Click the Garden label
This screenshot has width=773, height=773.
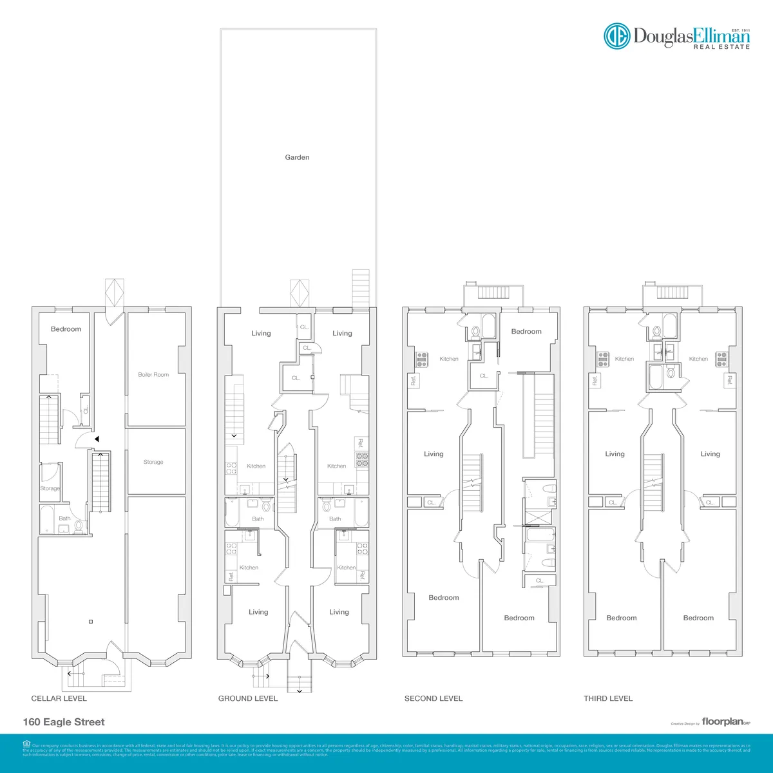click(297, 157)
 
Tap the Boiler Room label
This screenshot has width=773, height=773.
click(153, 374)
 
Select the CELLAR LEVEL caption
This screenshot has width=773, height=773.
click(59, 698)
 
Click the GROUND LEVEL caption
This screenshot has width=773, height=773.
click(248, 698)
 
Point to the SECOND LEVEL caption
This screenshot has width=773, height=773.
click(434, 698)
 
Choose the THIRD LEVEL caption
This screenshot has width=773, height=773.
click(608, 698)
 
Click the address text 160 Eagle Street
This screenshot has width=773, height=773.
click(64, 722)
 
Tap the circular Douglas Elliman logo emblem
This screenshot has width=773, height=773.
click(616, 36)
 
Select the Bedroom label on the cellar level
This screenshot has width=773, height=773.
click(66, 329)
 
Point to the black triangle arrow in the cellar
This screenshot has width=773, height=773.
click(96, 439)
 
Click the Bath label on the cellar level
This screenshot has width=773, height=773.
click(64, 518)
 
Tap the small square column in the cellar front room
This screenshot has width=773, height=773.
click(91, 622)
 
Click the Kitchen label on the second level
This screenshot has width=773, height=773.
click(449, 359)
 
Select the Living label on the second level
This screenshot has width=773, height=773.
click(434, 454)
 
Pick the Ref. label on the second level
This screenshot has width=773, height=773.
click(414, 381)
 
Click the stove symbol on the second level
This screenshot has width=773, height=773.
click(422, 359)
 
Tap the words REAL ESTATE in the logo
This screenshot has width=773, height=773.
click(721, 47)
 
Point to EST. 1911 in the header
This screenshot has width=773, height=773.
click(741, 30)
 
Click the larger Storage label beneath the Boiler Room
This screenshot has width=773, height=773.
click(153, 462)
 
